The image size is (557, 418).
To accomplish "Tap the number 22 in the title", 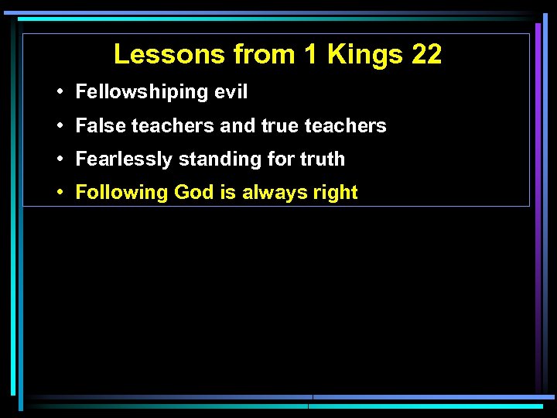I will (425, 54).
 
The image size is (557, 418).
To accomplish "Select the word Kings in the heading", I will (364, 54).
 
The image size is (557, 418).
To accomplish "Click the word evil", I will (231, 92).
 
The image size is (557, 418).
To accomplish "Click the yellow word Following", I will (122, 193).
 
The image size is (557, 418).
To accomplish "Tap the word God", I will (194, 193).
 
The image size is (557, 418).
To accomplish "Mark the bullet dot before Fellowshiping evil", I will (60, 92).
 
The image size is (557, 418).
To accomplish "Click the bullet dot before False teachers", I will (60, 125).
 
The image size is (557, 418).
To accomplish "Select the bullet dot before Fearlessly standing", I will (60, 159).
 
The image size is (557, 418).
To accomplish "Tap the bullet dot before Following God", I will (60, 193).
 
